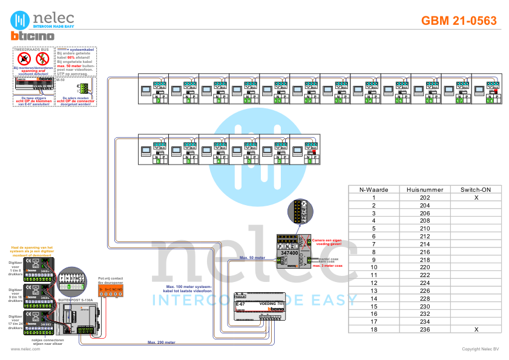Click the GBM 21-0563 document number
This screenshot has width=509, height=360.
pos(459,21)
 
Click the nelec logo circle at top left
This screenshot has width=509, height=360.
pos(22,19)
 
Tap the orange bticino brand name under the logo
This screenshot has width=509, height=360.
pos(33,37)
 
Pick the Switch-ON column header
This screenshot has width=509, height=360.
pos(476,189)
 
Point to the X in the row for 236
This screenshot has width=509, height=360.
pos(476,329)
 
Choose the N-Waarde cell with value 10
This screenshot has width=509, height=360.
pos(374,267)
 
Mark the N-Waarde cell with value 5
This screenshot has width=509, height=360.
pos(374,229)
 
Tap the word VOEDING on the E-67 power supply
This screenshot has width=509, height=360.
pos(268,302)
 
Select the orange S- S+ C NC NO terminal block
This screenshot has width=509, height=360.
pos(111,290)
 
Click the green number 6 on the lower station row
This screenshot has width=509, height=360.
pos(159,162)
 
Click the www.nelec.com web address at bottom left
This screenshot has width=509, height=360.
pos(21,349)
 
